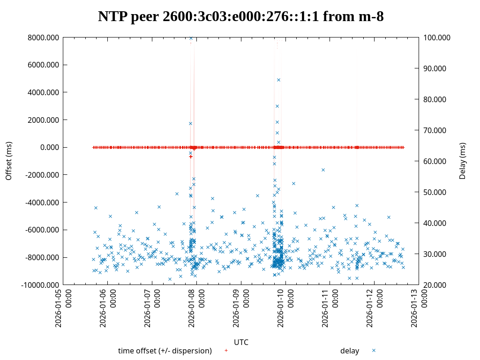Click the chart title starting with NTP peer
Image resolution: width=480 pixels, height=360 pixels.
(240, 17)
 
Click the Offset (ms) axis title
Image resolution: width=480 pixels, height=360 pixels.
(9, 161)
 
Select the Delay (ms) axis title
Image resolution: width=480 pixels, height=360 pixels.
(463, 161)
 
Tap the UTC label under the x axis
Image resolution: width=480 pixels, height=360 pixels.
(241, 342)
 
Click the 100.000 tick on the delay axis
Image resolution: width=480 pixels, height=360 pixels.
(437, 37)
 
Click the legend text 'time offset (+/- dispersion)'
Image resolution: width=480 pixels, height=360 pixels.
(165, 351)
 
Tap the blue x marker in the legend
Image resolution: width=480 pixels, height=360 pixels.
(374, 350)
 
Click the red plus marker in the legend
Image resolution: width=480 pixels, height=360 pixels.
(226, 350)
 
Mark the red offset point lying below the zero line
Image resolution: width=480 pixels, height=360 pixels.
(191, 157)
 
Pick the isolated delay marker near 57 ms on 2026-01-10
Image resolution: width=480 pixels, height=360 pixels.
(323, 170)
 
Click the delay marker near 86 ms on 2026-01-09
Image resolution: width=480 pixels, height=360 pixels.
(278, 80)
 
